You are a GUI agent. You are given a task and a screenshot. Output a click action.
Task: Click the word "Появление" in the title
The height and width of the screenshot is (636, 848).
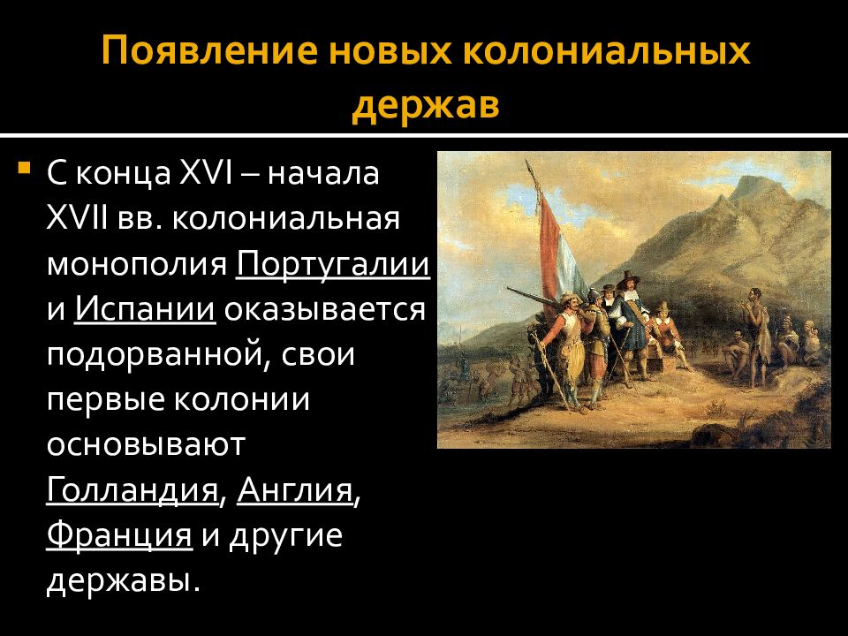pos(209,51)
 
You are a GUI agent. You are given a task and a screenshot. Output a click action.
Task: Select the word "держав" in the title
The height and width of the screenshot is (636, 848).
pos(426,105)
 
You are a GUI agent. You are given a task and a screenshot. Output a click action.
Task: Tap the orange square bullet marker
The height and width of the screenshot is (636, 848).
pos(24,167)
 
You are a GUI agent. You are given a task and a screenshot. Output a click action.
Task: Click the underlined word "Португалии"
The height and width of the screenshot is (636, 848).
pos(333,264)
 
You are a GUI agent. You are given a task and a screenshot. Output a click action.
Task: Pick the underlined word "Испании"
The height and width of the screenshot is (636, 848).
pos(145,309)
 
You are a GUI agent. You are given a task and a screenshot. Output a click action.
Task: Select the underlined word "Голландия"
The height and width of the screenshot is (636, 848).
pos(132,490)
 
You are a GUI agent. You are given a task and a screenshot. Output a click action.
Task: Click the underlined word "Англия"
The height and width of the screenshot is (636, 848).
pos(295,490)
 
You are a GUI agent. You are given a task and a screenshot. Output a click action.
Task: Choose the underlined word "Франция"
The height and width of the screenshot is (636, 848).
pos(119,535)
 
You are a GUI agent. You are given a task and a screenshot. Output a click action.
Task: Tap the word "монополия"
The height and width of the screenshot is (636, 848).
pos(137,265)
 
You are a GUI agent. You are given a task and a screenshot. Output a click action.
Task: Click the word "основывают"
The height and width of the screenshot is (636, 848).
pos(146,444)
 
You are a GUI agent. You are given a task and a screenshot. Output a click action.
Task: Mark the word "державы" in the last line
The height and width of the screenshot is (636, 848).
pos(119,581)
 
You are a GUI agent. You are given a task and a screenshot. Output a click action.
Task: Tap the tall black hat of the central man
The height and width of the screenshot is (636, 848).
pos(629,279)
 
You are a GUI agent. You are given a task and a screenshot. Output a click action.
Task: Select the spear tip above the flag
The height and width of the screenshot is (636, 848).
pos(528,165)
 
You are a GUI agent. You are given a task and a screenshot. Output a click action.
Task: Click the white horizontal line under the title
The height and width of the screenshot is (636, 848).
pos(424,134)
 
